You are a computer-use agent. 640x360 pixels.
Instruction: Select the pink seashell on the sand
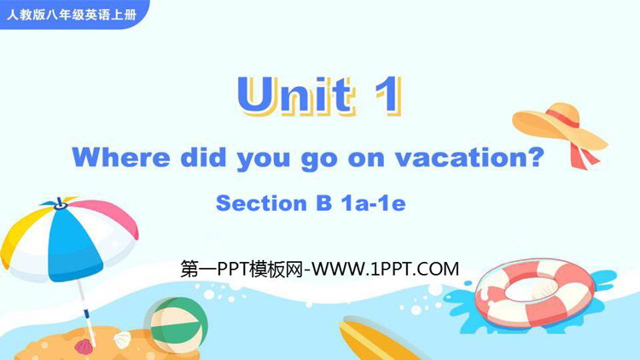[x=84, y=346]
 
